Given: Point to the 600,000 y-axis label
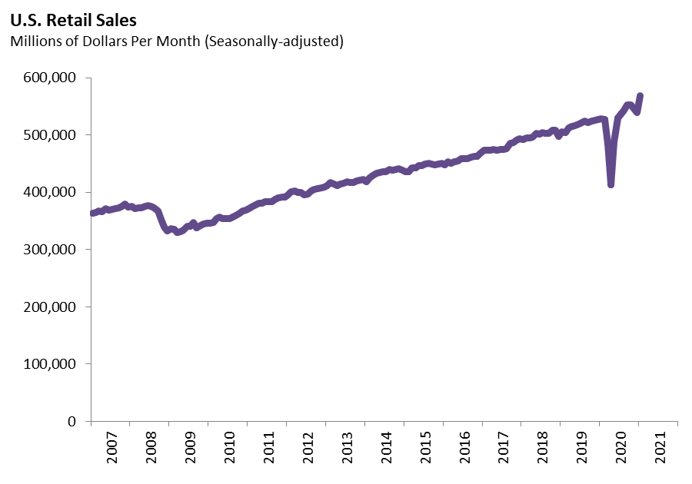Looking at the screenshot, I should click(x=49, y=78).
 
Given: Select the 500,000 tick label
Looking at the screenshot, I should click(x=49, y=135).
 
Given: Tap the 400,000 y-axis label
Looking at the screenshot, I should click(x=49, y=192).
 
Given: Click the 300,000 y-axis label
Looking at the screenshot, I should click(x=49, y=250).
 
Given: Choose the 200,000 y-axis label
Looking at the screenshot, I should click(x=49, y=307).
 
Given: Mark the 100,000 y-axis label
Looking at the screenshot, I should click(x=49, y=364).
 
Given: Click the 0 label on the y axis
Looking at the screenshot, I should click(x=72, y=421).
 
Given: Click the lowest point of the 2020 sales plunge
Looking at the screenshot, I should click(x=610, y=184).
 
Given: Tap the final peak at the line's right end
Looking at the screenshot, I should click(x=640, y=96).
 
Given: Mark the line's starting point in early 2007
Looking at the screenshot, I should click(x=92, y=214).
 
